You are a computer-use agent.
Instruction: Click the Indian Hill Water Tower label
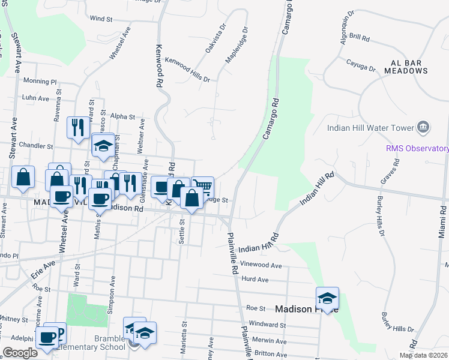pos(370,128)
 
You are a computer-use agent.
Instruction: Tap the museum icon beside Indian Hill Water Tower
pos(424,127)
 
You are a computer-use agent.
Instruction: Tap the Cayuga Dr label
pos(361,65)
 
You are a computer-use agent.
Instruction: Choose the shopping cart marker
pos(203,187)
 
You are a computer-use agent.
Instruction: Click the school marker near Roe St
pos(328,298)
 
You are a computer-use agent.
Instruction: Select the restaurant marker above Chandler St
pos(78,127)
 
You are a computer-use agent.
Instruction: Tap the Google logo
pos(20,352)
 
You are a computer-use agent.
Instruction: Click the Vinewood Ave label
pos(261,265)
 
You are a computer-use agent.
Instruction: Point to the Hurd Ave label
pos(255,279)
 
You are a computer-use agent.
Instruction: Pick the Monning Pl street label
pos(40,81)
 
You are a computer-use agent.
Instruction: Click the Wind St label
pos(101,19)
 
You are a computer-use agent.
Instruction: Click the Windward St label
pos(268,325)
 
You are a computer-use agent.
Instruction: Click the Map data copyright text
pos(423,355)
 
